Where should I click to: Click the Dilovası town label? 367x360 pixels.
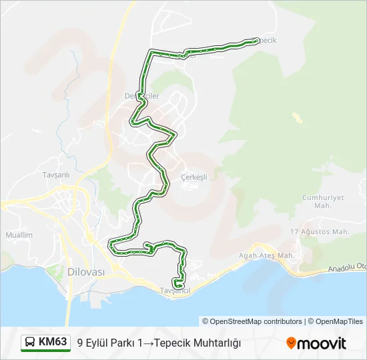click(x=86, y=272)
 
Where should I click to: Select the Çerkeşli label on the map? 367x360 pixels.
click(x=194, y=177)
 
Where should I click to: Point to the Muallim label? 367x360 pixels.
click(x=19, y=235)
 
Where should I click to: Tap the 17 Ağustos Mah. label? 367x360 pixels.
click(x=320, y=231)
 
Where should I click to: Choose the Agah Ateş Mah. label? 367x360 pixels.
click(x=267, y=256)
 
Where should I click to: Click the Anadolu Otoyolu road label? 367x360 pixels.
click(x=347, y=268)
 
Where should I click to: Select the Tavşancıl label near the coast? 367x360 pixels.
click(x=175, y=291)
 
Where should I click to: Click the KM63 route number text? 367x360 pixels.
click(x=53, y=342)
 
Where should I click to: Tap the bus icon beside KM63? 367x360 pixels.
click(x=30, y=343)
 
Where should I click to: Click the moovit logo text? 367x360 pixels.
click(x=322, y=343)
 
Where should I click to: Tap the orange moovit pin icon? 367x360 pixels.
click(x=291, y=343)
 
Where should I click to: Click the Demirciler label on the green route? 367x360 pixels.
click(x=142, y=96)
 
